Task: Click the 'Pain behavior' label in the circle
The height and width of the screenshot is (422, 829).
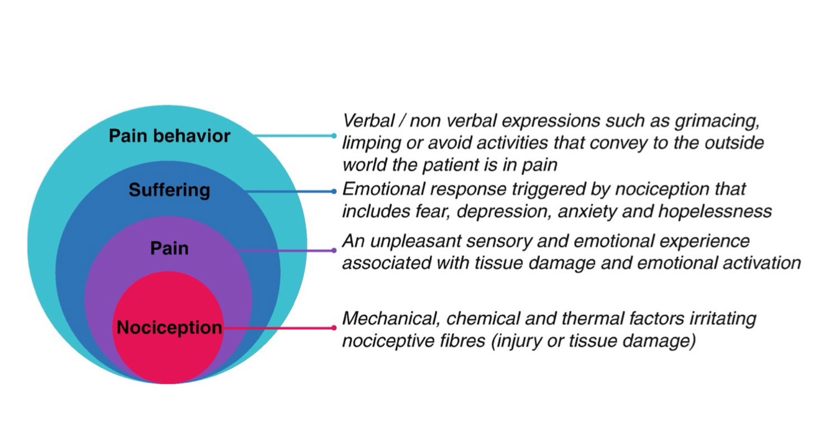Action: (169, 136)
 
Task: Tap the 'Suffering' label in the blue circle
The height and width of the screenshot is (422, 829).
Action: (169, 189)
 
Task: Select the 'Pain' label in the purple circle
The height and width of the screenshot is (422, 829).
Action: (169, 248)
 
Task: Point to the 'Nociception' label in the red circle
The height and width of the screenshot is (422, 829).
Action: (169, 327)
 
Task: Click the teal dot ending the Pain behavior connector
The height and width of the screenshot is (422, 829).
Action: (334, 136)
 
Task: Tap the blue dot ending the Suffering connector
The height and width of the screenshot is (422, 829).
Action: (334, 191)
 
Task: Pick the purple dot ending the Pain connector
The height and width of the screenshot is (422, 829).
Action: (334, 251)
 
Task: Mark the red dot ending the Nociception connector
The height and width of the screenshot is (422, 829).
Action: (334, 327)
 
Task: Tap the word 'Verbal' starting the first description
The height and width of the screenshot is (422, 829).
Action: (364, 121)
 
